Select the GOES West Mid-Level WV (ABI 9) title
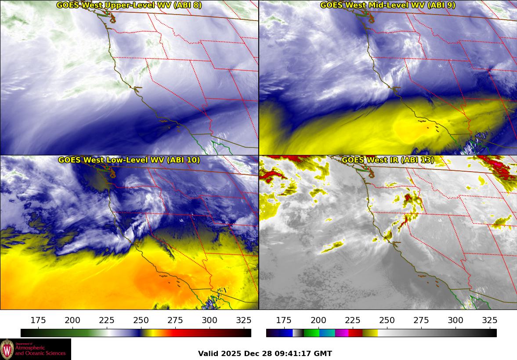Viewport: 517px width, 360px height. pyautogui.click(x=387, y=5)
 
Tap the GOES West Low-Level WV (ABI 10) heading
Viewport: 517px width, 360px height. pyautogui.click(x=129, y=160)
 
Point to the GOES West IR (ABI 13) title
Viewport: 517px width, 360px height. pyautogui.click(x=387, y=160)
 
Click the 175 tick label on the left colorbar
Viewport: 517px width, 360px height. pyautogui.click(x=38, y=320)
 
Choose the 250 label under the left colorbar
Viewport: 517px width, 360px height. pyautogui.click(x=141, y=320)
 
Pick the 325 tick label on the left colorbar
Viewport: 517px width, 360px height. pyautogui.click(x=244, y=320)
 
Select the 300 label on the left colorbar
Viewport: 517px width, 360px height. pyautogui.click(x=210, y=320)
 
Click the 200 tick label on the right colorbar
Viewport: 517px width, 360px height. pyautogui.click(x=318, y=320)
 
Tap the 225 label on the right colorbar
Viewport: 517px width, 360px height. pyautogui.click(x=352, y=320)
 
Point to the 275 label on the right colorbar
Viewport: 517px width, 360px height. pyautogui.click(x=421, y=320)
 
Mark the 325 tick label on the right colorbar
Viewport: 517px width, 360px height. pyautogui.click(x=489, y=320)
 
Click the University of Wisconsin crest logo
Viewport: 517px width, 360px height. pyautogui.click(x=7, y=349)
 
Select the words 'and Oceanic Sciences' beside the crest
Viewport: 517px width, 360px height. pyautogui.click(x=40, y=353)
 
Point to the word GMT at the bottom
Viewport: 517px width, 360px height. pyautogui.click(x=323, y=354)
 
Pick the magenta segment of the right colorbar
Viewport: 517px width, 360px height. pyautogui.click(x=341, y=333)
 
